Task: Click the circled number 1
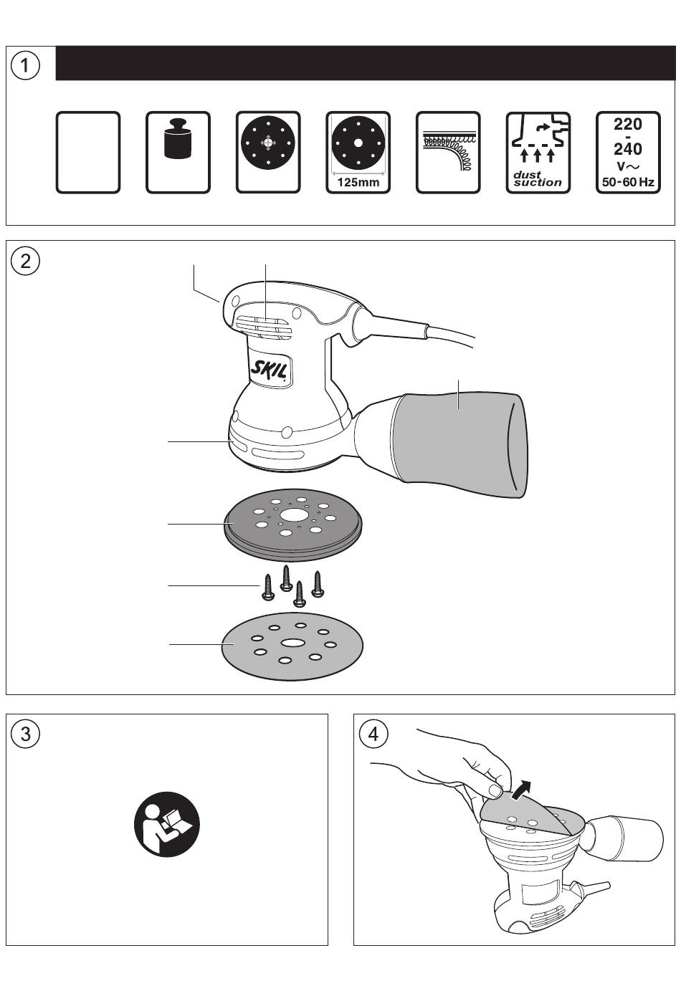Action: pos(25,65)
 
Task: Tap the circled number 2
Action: pos(25,261)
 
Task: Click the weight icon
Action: pos(178,138)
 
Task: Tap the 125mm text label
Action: pos(358,182)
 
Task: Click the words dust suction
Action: pos(537,178)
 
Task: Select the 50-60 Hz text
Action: pos(628,181)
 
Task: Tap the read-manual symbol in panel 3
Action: pos(167,824)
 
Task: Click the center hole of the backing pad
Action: pos(292,514)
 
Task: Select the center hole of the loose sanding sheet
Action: pos(291,642)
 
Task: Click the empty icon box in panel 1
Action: pos(88,152)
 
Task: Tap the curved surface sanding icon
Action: pos(448,152)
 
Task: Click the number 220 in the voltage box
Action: pos(628,124)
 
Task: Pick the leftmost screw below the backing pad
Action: pos(267,588)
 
